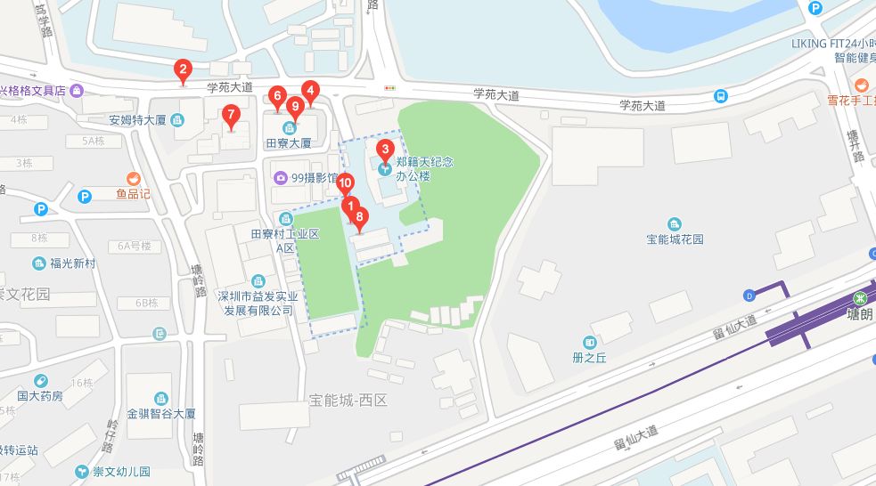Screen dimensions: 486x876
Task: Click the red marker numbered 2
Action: (183, 69)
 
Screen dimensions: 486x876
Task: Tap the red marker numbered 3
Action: (385, 150)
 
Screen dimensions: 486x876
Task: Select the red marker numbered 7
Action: (231, 114)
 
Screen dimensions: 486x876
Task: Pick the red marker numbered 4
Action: (310, 90)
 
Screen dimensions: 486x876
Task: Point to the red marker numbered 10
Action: (346, 182)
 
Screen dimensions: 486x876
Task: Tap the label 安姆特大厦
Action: (139, 120)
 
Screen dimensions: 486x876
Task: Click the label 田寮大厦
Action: (289, 142)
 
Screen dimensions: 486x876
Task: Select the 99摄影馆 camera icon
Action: (282, 177)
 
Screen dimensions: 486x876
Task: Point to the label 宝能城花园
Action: (675, 239)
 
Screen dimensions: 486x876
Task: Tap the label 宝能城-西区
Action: (348, 401)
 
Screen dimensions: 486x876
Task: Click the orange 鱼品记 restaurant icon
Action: (134, 178)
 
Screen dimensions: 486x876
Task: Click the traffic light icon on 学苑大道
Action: (389, 87)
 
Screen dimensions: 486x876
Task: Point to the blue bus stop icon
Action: (719, 96)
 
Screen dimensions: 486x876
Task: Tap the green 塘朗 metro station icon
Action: (861, 298)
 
